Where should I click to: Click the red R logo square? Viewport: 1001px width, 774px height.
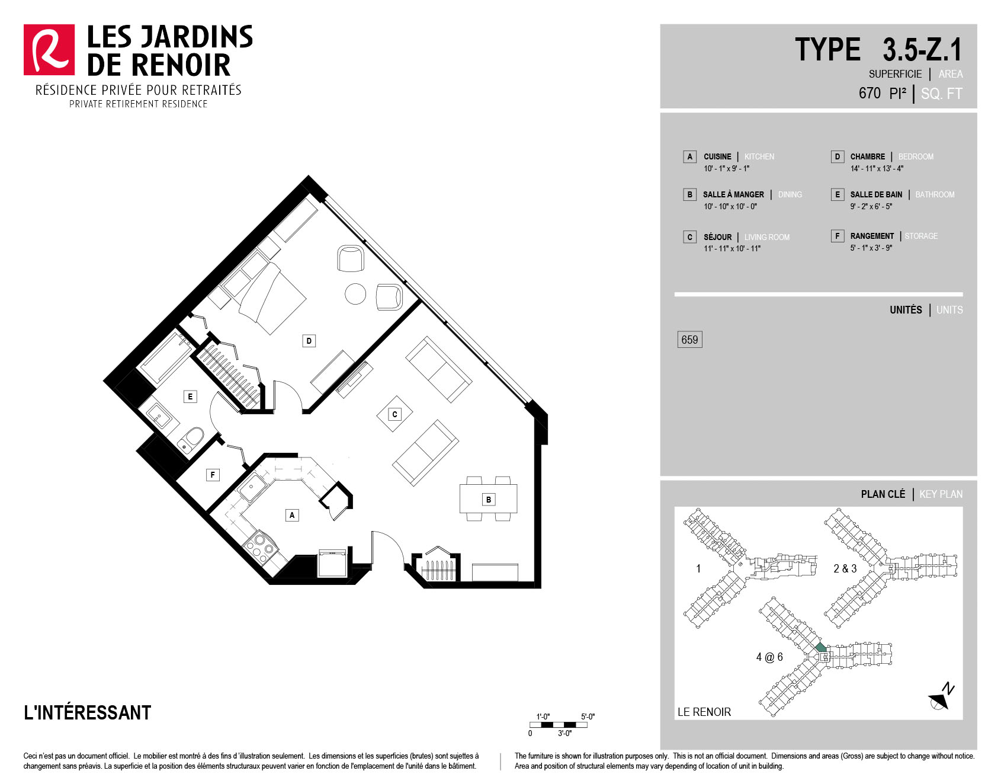coord(49,50)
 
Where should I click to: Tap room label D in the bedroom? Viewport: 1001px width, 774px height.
coord(309,341)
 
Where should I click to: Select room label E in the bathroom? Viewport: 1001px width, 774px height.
coord(190,396)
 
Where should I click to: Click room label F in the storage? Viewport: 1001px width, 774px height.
coord(213,475)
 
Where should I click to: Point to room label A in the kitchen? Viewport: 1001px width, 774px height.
coord(291,515)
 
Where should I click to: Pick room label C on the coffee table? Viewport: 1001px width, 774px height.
coord(394,414)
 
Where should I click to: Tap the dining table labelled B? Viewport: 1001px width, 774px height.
coord(489,499)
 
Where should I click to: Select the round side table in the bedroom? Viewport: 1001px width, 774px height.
coord(355,294)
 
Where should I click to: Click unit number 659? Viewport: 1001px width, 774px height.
coord(689,340)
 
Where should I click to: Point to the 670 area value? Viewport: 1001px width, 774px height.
coord(870,93)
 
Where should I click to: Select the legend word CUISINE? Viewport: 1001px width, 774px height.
coord(717,156)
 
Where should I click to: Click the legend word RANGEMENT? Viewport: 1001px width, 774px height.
coord(872,236)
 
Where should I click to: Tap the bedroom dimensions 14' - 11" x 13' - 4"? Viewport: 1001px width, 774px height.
coord(877,168)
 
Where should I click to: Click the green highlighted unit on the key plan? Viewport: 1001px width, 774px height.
coord(820,647)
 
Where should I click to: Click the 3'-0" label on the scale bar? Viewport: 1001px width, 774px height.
coord(564,734)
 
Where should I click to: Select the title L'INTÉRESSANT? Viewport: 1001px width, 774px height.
coord(88,712)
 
